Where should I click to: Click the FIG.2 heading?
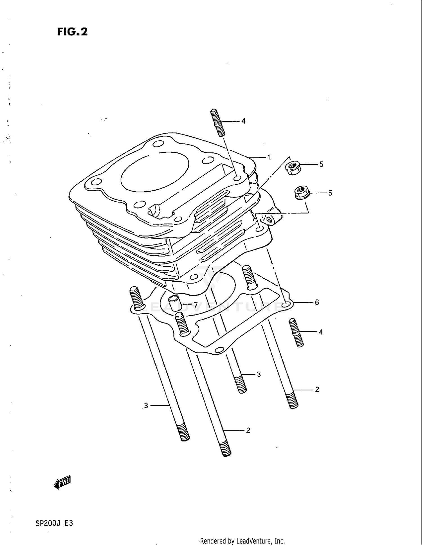73,32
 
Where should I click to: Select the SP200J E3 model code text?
54,523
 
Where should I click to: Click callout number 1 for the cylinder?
269,157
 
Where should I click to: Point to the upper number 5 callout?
321,164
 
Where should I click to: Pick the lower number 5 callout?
330,193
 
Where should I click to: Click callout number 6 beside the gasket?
317,302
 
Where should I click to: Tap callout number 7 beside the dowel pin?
196,305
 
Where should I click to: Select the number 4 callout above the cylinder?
243,121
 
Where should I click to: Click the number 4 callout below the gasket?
320,332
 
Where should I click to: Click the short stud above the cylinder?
218,123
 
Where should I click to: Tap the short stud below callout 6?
296,332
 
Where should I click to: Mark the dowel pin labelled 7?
176,304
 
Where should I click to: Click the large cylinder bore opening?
155,172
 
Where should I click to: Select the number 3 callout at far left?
146,406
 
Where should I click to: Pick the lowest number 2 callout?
248,430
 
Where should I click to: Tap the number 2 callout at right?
317,390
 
